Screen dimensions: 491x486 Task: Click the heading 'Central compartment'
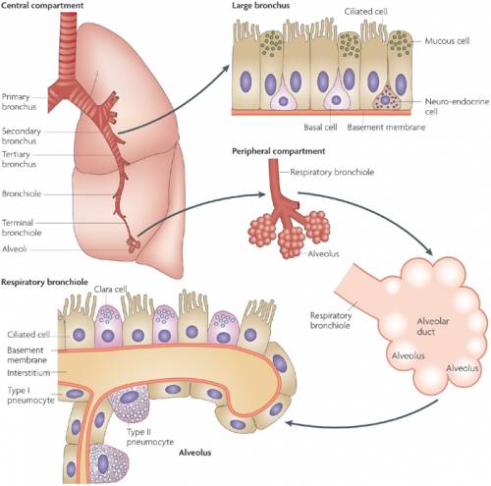coord(42,6)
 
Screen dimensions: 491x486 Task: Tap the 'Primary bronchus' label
coord(19,102)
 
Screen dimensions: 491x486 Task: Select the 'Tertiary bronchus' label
coord(19,159)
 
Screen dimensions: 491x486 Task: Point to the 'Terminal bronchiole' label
coord(22,228)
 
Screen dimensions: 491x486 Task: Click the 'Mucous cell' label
coord(447,41)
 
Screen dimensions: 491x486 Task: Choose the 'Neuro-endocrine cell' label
coord(457,106)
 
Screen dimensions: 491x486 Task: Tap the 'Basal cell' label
coord(320,128)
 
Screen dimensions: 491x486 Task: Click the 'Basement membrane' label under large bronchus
coord(386,128)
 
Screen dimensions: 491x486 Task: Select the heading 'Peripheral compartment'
coord(279,151)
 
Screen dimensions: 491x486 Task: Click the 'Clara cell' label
coord(110,290)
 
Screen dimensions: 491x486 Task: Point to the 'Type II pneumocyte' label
coord(150,437)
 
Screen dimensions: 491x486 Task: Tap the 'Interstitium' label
coord(28,373)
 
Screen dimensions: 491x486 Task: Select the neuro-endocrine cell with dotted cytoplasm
coord(385,99)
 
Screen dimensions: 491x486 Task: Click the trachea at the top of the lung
coord(69,46)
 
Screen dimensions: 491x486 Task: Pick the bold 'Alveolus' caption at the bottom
coord(194,453)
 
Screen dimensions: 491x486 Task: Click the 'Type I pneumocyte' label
coord(30,396)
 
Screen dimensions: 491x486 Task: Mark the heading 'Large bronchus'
coord(260,6)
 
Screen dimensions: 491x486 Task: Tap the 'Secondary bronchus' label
coord(22,135)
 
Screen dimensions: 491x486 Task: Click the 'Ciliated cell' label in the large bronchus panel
coord(365,12)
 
